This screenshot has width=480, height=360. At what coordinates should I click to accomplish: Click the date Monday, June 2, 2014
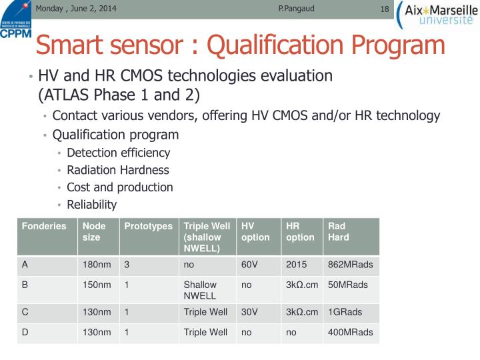pyautogui.click(x=75, y=9)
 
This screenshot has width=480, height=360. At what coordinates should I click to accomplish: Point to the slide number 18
pyautogui.click(x=384, y=9)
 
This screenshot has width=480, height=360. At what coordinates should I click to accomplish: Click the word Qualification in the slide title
pyautogui.click(x=275, y=45)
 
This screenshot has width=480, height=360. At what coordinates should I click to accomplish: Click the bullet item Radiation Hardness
pyautogui.click(x=117, y=170)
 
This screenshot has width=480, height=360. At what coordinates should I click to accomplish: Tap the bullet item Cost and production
pyautogui.click(x=119, y=187)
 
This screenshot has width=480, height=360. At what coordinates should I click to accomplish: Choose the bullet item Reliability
pyautogui.click(x=91, y=205)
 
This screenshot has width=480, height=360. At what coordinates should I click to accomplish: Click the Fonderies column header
pyautogui.click(x=44, y=226)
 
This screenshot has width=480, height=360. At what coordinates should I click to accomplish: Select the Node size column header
pyautogui.click(x=94, y=231)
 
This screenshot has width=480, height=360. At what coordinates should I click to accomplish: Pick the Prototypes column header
pyautogui.click(x=148, y=226)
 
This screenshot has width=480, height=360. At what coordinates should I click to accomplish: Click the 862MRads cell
pyautogui.click(x=350, y=265)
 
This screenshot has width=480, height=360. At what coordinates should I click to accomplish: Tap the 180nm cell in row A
pyautogui.click(x=97, y=265)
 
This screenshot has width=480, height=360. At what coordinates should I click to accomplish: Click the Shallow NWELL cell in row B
pyautogui.click(x=200, y=290)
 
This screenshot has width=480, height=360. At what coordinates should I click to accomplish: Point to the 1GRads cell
pyautogui.click(x=345, y=312)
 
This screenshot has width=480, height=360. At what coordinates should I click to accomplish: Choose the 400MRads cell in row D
pyautogui.click(x=350, y=332)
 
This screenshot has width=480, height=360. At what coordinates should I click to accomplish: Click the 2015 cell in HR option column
pyautogui.click(x=296, y=265)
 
